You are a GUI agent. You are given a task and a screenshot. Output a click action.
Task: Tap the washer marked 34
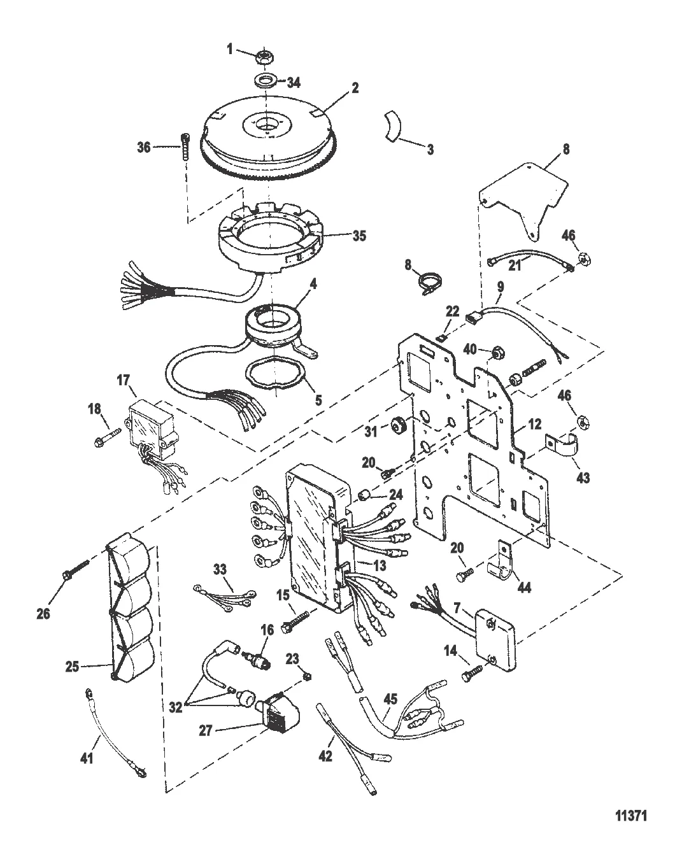(263, 81)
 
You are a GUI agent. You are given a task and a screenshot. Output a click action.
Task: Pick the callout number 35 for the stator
(360, 235)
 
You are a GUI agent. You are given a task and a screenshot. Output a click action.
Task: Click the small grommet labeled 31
(400, 423)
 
